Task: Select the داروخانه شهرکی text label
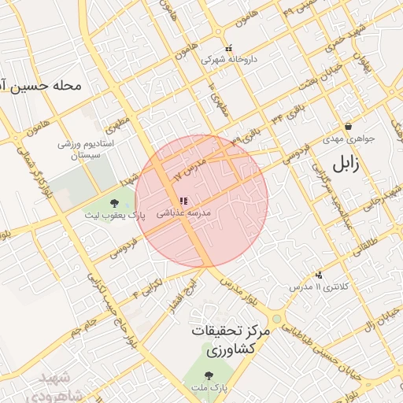tap(228, 60)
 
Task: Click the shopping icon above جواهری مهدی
tap(349, 126)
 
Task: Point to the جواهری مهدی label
tap(349, 139)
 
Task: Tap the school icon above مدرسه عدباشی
tap(183, 201)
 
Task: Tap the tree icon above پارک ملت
tap(209, 375)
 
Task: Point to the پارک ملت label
tap(209, 388)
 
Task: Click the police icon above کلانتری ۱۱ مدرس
tap(319, 275)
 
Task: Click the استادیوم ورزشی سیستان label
tap(87, 151)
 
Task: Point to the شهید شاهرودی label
tap(55, 383)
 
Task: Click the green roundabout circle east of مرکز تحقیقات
tap(276, 320)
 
